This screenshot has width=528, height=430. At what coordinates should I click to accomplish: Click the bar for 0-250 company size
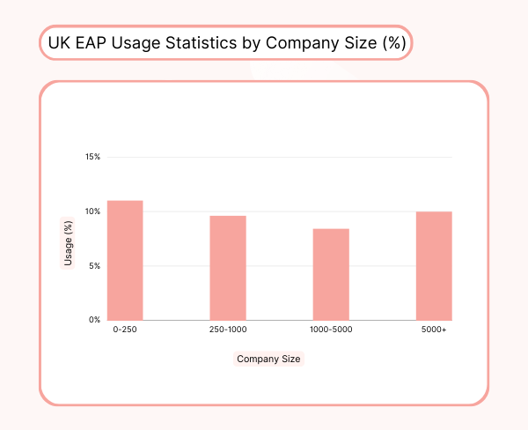click(125, 261)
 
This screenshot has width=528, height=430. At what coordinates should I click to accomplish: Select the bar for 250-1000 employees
click(228, 268)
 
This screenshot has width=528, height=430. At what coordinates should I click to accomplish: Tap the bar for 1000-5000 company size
click(331, 275)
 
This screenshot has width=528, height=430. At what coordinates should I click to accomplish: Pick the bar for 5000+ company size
click(434, 266)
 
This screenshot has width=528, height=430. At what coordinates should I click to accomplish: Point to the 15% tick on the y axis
click(92, 157)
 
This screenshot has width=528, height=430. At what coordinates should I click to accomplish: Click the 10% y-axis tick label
click(92, 211)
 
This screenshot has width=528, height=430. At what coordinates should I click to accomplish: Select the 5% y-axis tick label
click(94, 266)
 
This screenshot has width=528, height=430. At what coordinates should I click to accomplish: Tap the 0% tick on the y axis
click(94, 320)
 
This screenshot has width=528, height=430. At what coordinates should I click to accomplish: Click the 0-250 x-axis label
click(125, 330)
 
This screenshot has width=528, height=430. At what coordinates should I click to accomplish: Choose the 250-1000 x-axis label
click(228, 330)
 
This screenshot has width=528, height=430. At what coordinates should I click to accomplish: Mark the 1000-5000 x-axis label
click(331, 330)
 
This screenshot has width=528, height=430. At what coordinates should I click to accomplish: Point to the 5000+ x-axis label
click(434, 330)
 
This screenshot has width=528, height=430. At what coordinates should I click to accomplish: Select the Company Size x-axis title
click(268, 359)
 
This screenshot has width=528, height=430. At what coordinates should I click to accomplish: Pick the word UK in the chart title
click(60, 43)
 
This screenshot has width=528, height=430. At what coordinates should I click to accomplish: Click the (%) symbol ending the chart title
click(393, 43)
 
